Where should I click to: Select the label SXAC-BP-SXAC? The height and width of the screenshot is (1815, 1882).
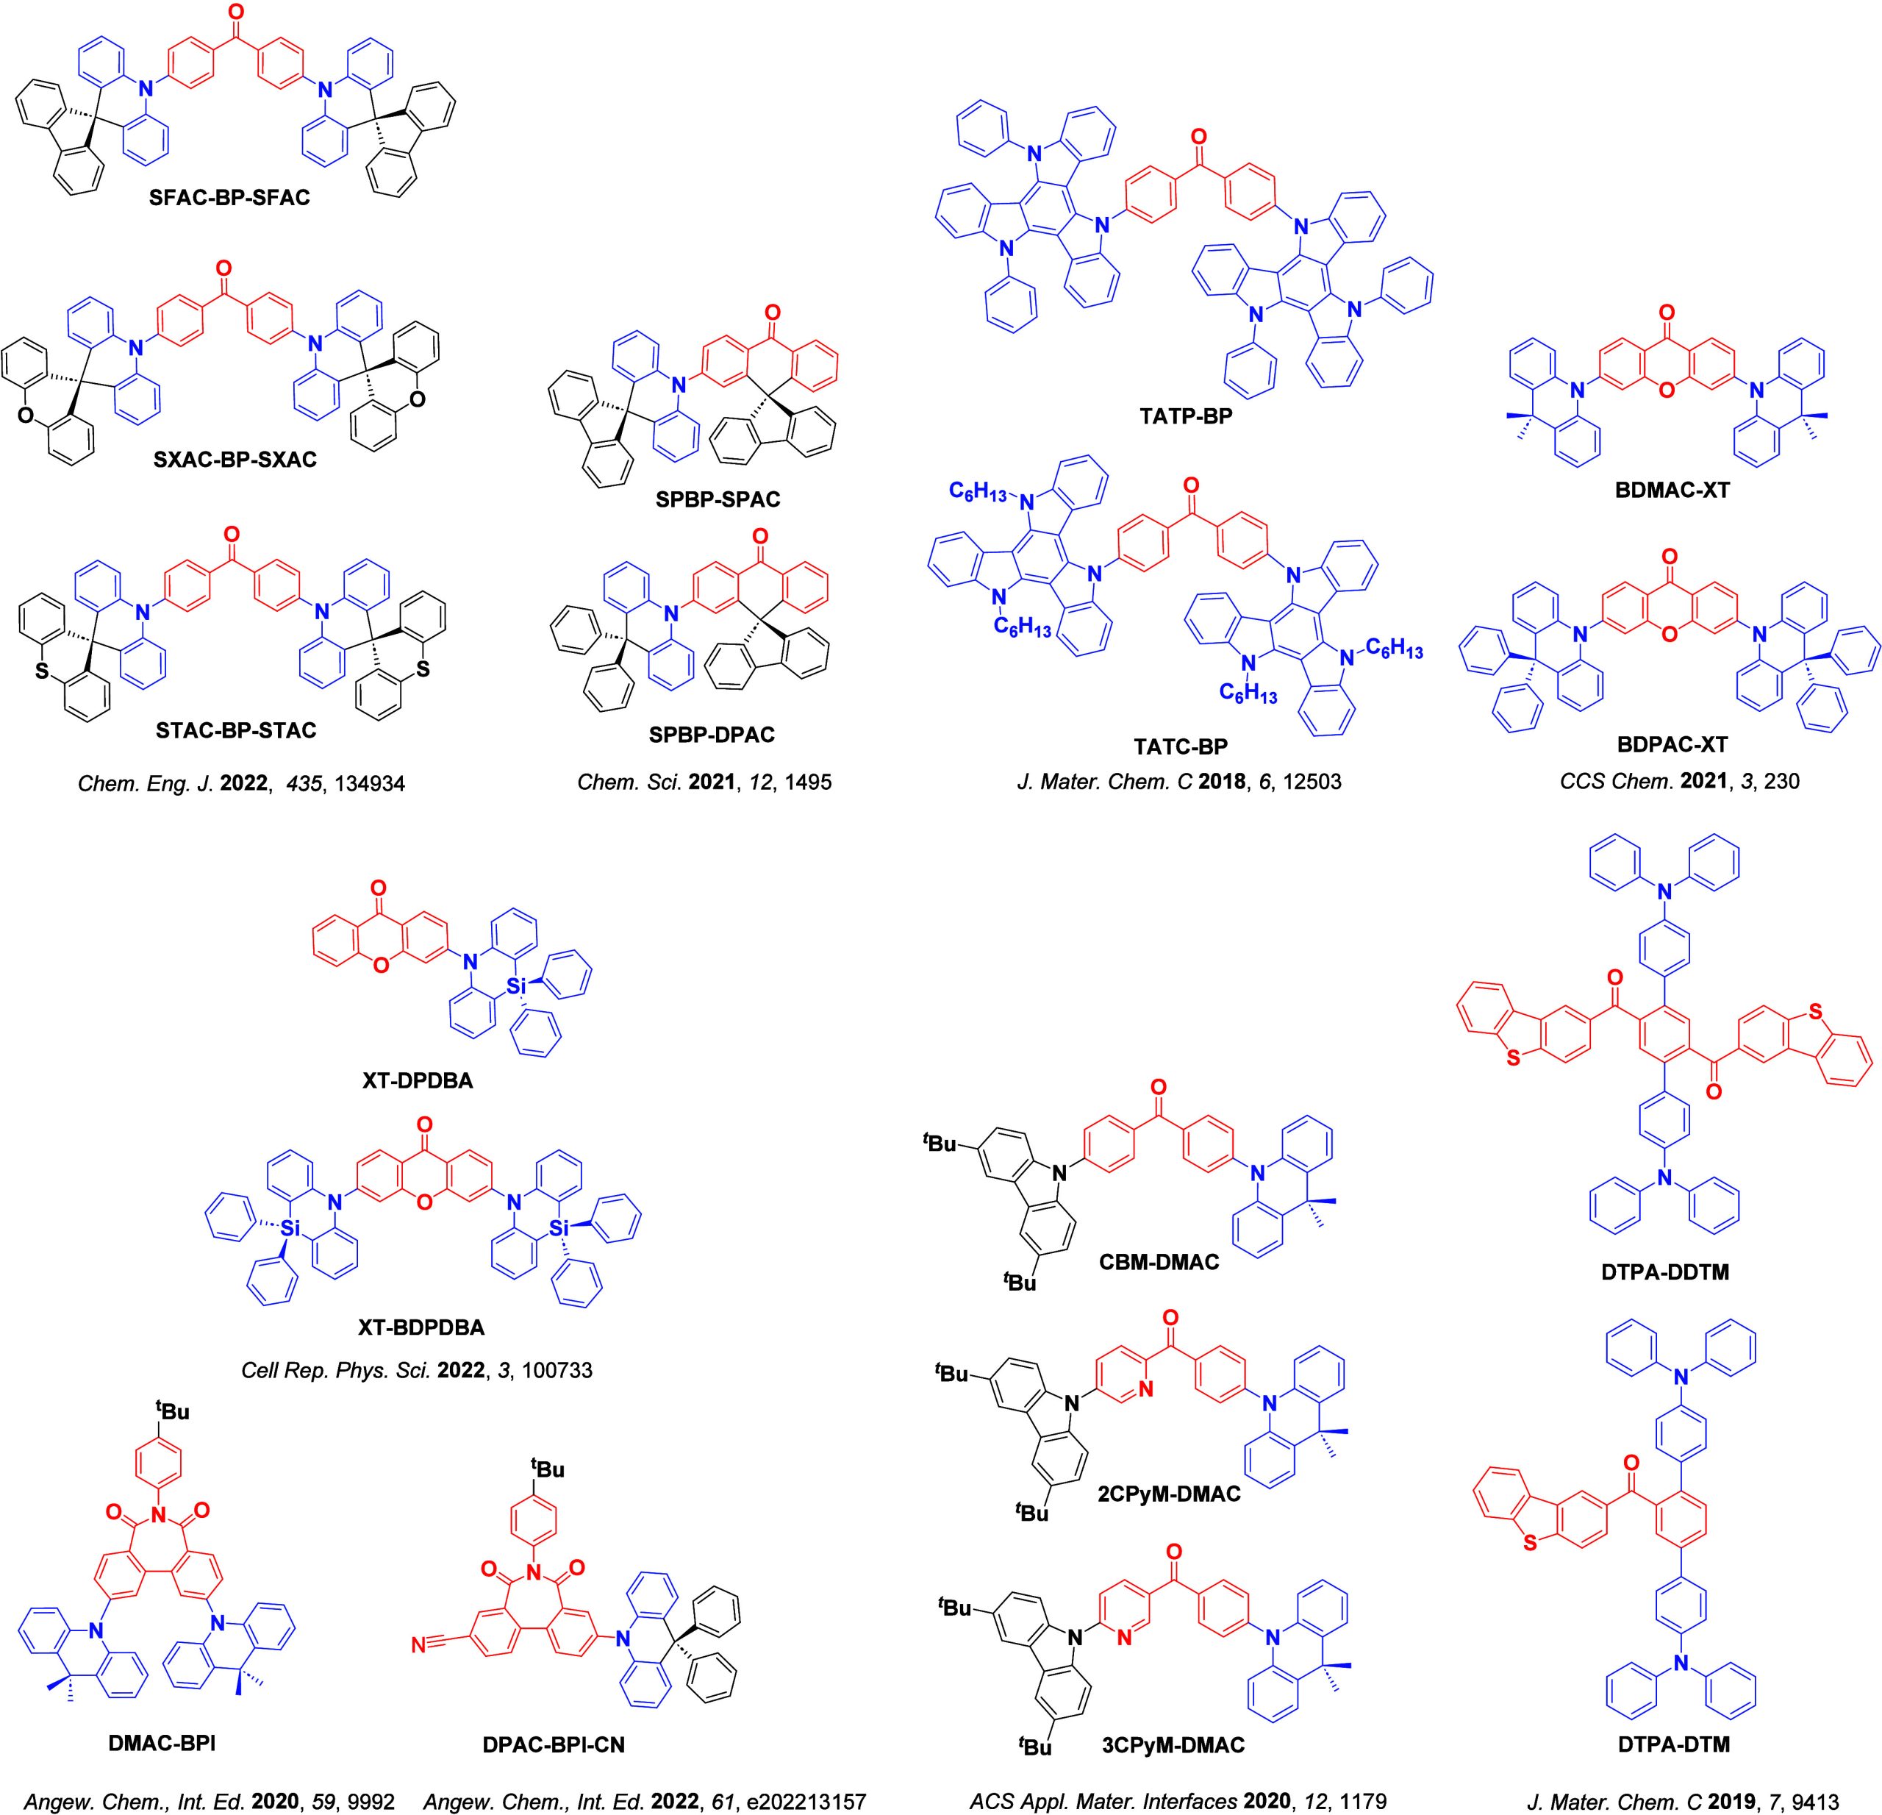point(235,459)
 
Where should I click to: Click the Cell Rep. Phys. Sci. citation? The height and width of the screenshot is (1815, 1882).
point(417,1370)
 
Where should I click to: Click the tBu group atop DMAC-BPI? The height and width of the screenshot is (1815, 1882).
point(173,1412)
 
